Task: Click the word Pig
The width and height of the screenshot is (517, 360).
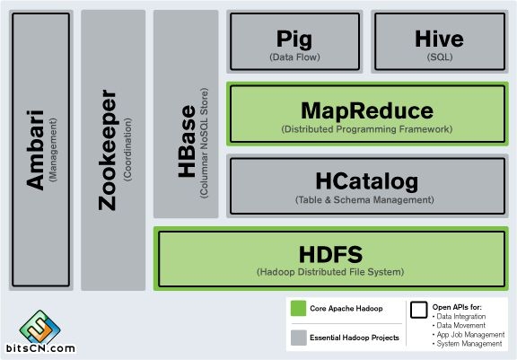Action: [294, 40]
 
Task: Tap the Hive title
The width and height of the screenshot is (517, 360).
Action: [439, 39]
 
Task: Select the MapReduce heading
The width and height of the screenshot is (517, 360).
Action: [367, 110]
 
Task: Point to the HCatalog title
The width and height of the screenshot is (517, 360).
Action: [366, 181]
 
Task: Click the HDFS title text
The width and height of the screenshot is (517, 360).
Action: [330, 254]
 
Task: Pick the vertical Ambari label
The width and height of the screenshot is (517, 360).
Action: [35, 150]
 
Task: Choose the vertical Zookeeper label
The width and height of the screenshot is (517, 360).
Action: [108, 150]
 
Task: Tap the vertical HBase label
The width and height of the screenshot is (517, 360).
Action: [187, 142]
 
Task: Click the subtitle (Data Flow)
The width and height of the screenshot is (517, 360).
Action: [294, 57]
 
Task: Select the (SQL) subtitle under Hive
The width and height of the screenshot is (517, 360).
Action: [440, 57]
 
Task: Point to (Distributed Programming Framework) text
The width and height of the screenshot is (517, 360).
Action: [366, 129]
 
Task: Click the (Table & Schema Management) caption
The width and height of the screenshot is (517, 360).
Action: [364, 200]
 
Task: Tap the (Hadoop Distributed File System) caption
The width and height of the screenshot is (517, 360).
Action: [330, 272]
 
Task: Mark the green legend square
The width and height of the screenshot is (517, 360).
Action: [298, 308]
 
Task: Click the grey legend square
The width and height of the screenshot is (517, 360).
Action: [298, 338]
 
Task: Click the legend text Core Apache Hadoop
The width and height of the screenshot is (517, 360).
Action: [346, 309]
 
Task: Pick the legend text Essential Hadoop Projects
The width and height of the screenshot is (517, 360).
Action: [355, 338]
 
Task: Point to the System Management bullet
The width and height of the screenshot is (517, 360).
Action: [468, 344]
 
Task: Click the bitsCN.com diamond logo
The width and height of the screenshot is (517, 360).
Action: [39, 328]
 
